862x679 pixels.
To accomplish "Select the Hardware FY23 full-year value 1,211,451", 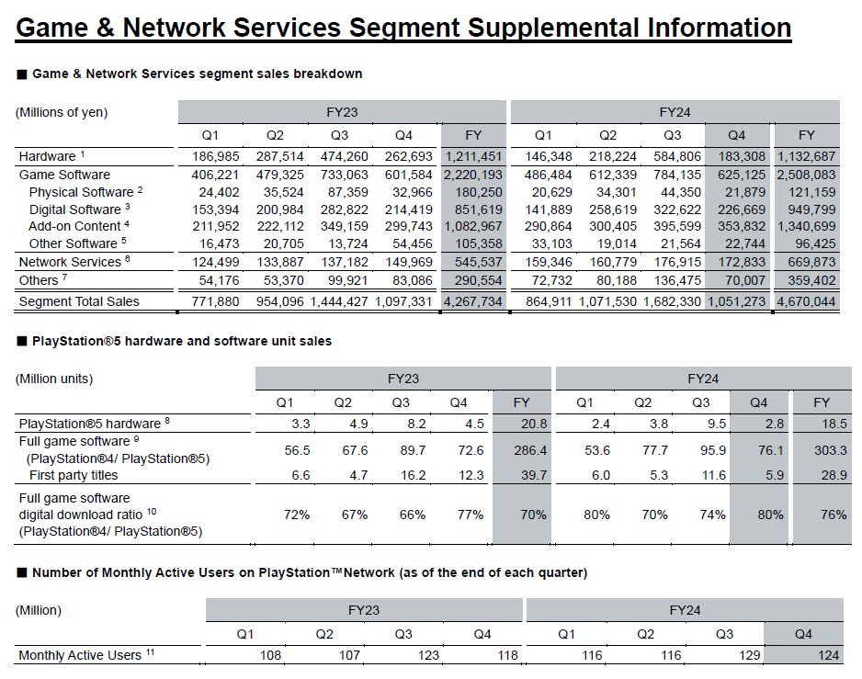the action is pos(473,157).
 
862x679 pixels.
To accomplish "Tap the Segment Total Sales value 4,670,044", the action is pos(806,302).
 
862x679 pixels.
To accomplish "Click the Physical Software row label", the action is pos(81,192).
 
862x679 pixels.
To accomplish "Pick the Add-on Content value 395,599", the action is pos(676,226).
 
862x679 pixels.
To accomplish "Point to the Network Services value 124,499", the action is pos(215,262).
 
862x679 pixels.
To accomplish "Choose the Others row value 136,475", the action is pos(676,280).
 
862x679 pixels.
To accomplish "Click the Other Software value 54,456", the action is pos(408,243).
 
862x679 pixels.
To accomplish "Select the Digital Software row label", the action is pos(74,209).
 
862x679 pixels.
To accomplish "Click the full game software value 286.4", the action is pos(530,450).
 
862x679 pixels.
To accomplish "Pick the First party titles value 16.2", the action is pos(413,475).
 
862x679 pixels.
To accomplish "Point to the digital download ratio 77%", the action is pos(471,515).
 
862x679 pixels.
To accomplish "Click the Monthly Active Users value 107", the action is pos(349,655).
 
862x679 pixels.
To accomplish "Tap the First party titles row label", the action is pos(74,475).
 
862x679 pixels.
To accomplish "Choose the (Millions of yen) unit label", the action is pos(62,112).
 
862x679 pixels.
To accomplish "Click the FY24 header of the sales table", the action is pos(675,112).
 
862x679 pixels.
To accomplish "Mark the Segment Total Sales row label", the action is pos(79,301).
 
